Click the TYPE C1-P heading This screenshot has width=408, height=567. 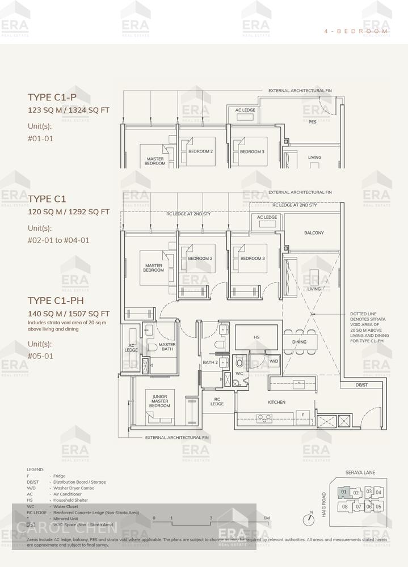[x=52, y=97]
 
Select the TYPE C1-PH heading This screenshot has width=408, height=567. [x=56, y=301]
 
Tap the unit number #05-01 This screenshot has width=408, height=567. [x=40, y=356]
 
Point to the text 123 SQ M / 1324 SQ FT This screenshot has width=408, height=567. [x=69, y=110]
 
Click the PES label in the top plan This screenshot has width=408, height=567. [x=312, y=122]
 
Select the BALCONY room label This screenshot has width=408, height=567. [x=314, y=233]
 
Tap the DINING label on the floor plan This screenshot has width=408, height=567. [x=299, y=342]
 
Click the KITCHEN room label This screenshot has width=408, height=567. [x=276, y=403]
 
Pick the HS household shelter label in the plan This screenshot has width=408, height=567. [x=256, y=337]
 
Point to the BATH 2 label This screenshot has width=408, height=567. [x=210, y=362]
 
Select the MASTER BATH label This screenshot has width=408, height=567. [x=167, y=346]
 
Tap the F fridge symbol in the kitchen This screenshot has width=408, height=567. [x=303, y=415]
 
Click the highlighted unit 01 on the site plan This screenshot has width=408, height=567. [x=344, y=492]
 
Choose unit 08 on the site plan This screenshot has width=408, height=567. [x=345, y=506]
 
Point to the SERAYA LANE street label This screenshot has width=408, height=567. [x=360, y=472]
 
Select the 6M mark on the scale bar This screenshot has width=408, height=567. [x=266, y=518]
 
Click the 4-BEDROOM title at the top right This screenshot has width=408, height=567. [x=356, y=31]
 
